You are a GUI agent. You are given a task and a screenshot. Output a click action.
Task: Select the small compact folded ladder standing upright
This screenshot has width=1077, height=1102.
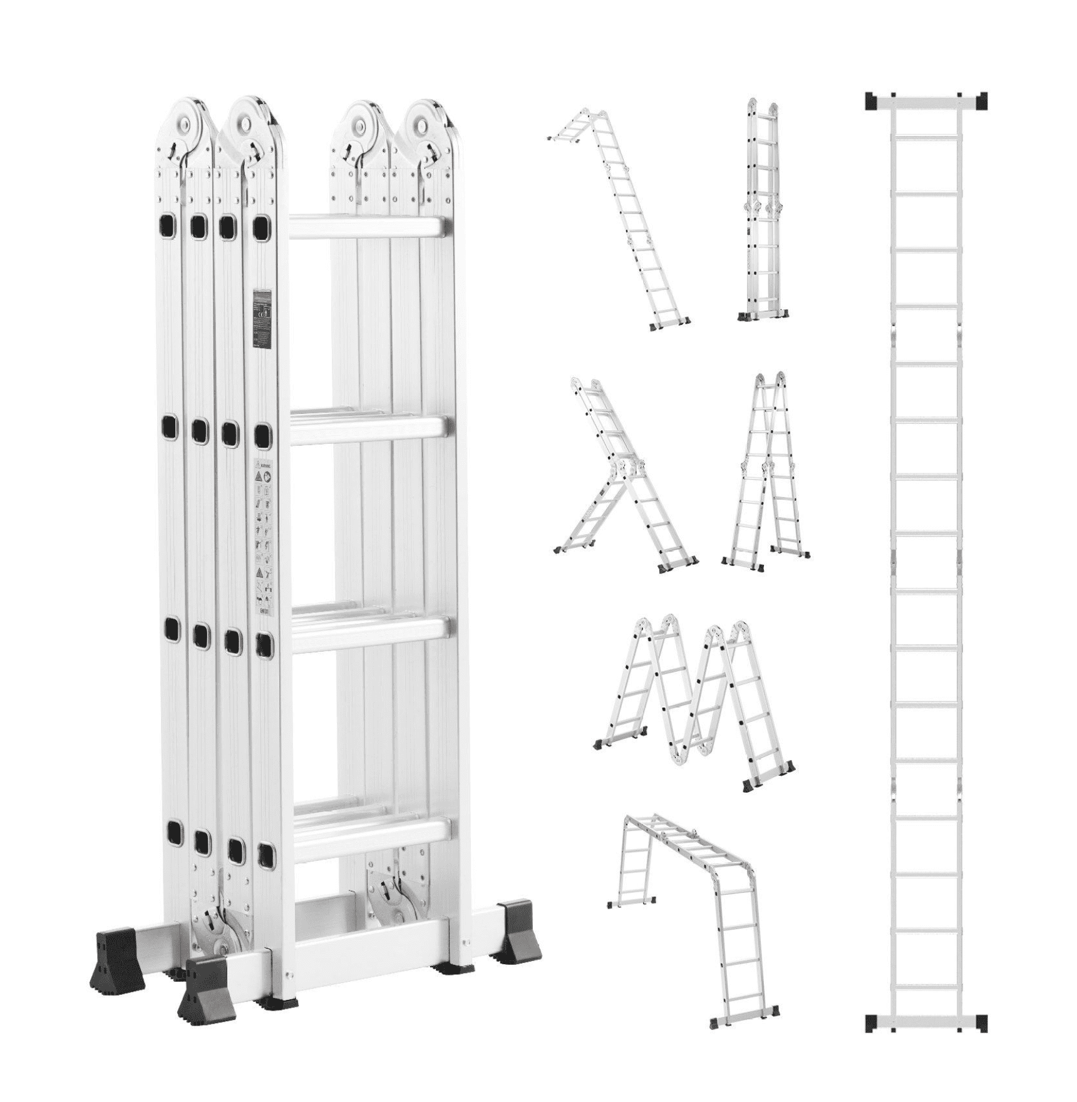[x=763, y=213]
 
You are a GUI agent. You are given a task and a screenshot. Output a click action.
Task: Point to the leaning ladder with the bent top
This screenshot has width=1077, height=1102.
[x=620, y=219]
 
